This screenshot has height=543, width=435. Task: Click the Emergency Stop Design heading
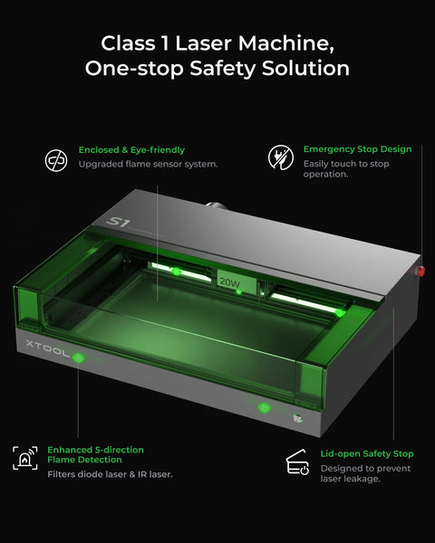(357, 148)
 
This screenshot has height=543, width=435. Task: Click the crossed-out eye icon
(56, 160)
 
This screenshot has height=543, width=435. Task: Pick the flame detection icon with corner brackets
(24, 458)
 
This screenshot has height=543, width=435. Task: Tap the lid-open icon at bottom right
(296, 462)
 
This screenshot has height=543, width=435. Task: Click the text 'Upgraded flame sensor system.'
(148, 165)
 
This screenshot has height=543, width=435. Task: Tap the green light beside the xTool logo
(79, 357)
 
